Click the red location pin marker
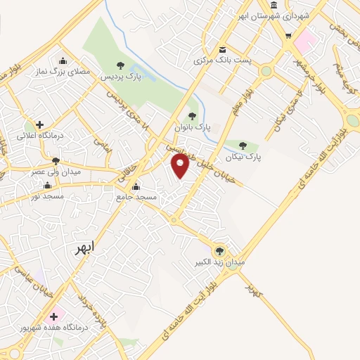pyautogui.click(x=181, y=166)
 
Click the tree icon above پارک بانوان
pyautogui.click(x=192, y=116)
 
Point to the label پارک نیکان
pyautogui.click(x=243, y=157)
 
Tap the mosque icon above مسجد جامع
pyautogui.click(x=136, y=187)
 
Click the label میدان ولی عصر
pyautogui.click(x=57, y=171)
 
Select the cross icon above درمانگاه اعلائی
pyautogui.click(x=39, y=124)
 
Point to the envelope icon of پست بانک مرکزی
pyautogui.click(x=223, y=49)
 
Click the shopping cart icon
pyautogui.click(x=288, y=35)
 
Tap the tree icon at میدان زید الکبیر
pyautogui.click(x=220, y=250)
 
